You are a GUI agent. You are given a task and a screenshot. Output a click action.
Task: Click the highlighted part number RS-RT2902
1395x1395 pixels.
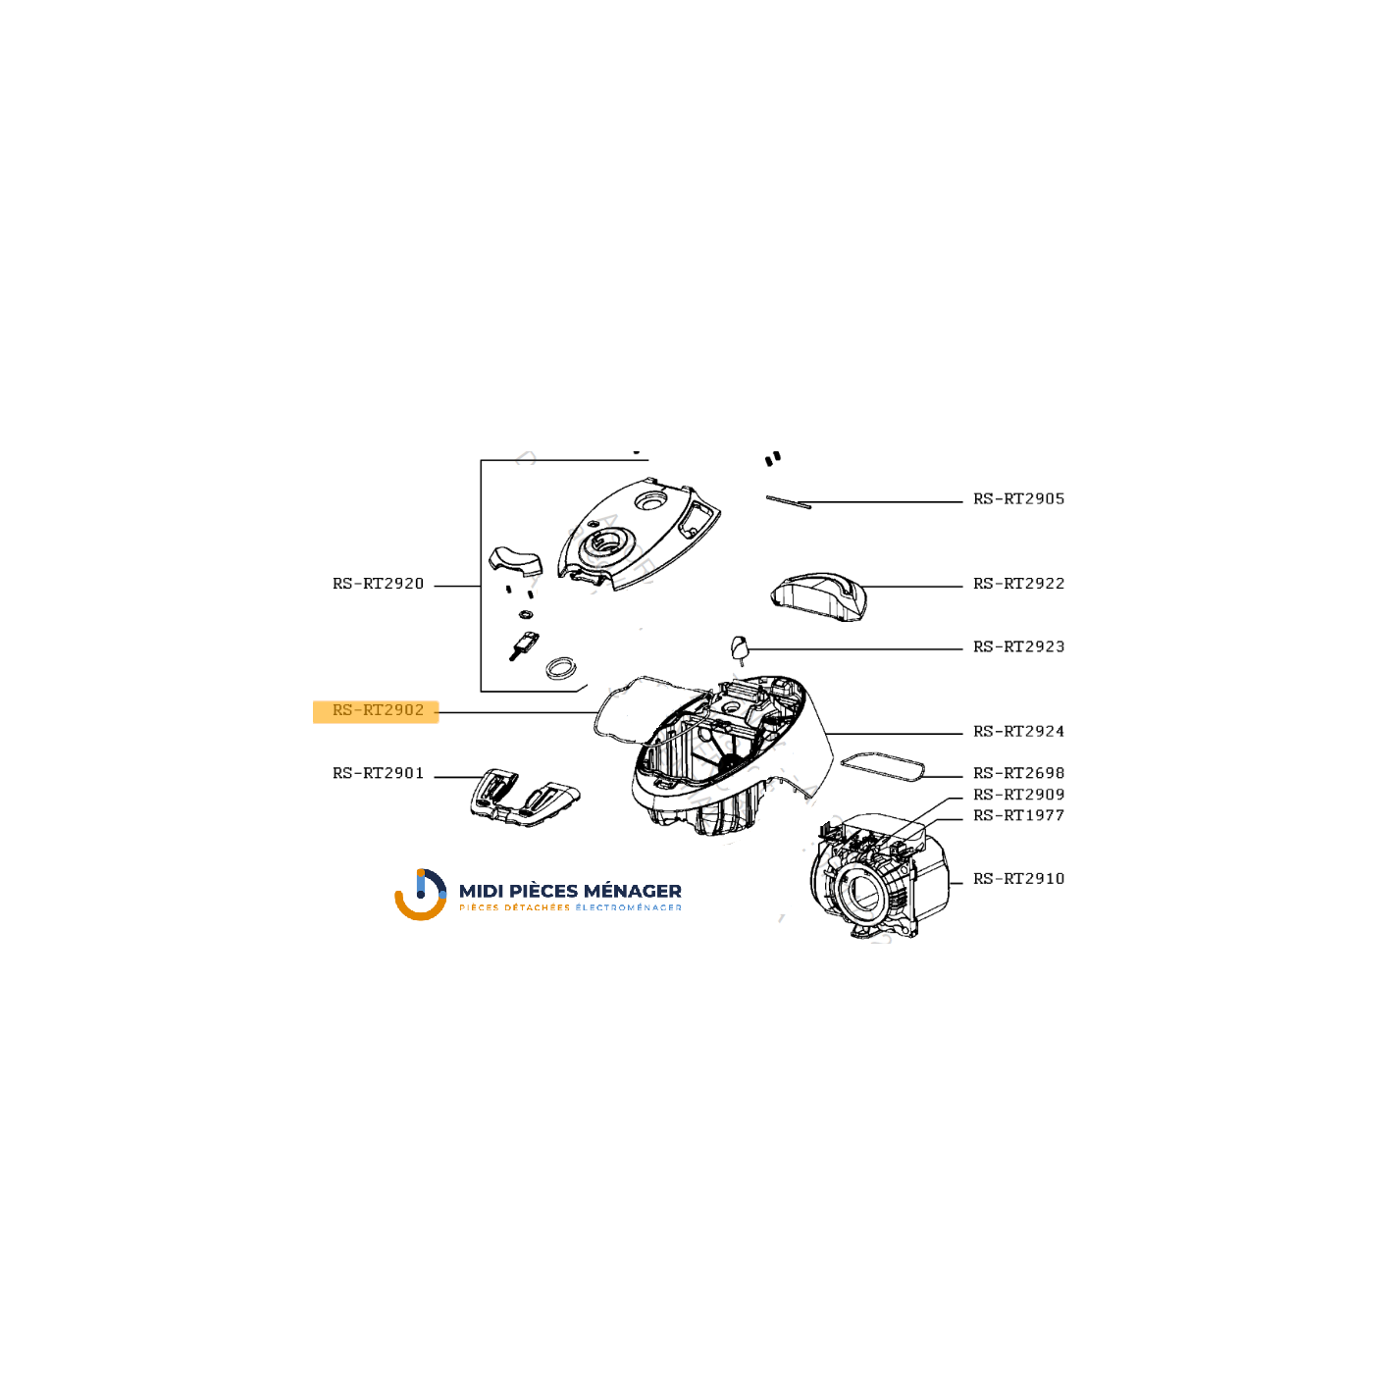tap(377, 710)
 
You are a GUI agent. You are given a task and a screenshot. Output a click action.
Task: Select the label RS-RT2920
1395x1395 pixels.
tap(377, 584)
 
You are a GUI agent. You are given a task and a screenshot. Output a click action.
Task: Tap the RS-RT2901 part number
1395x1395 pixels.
tap(377, 773)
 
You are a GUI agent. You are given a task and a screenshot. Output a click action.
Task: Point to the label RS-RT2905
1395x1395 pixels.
tap(1018, 498)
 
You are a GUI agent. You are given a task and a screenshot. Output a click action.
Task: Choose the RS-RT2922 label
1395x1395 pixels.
tap(1018, 584)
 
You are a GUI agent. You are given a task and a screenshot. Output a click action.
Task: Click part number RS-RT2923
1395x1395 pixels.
tap(1018, 646)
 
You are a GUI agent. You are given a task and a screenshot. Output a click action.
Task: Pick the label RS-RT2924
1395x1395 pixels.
tap(1018, 731)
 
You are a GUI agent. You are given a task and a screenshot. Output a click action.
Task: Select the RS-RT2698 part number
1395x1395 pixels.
tap(1018, 773)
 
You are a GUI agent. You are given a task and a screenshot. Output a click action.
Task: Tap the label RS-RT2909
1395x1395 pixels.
tap(1018, 795)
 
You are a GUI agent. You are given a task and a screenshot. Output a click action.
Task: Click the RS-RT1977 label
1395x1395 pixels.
tap(1018, 815)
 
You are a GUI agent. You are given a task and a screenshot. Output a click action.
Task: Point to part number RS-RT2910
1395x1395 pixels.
tap(1018, 879)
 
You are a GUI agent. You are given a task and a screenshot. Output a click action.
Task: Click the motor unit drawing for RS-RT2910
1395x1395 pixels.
tap(879, 876)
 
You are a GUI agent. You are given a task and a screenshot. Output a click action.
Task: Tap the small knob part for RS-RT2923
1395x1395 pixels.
tap(739, 647)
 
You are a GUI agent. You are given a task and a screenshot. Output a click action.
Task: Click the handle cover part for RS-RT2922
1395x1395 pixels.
tap(819, 596)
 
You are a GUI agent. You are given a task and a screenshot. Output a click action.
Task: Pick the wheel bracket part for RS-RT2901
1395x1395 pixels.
tap(524, 798)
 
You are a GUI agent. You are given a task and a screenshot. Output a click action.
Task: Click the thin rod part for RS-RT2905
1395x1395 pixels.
tap(789, 501)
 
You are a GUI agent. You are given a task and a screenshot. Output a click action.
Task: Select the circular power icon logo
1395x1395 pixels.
tap(421, 894)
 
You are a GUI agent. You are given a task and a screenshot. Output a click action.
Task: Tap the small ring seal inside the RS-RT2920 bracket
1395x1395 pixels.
tap(526, 615)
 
